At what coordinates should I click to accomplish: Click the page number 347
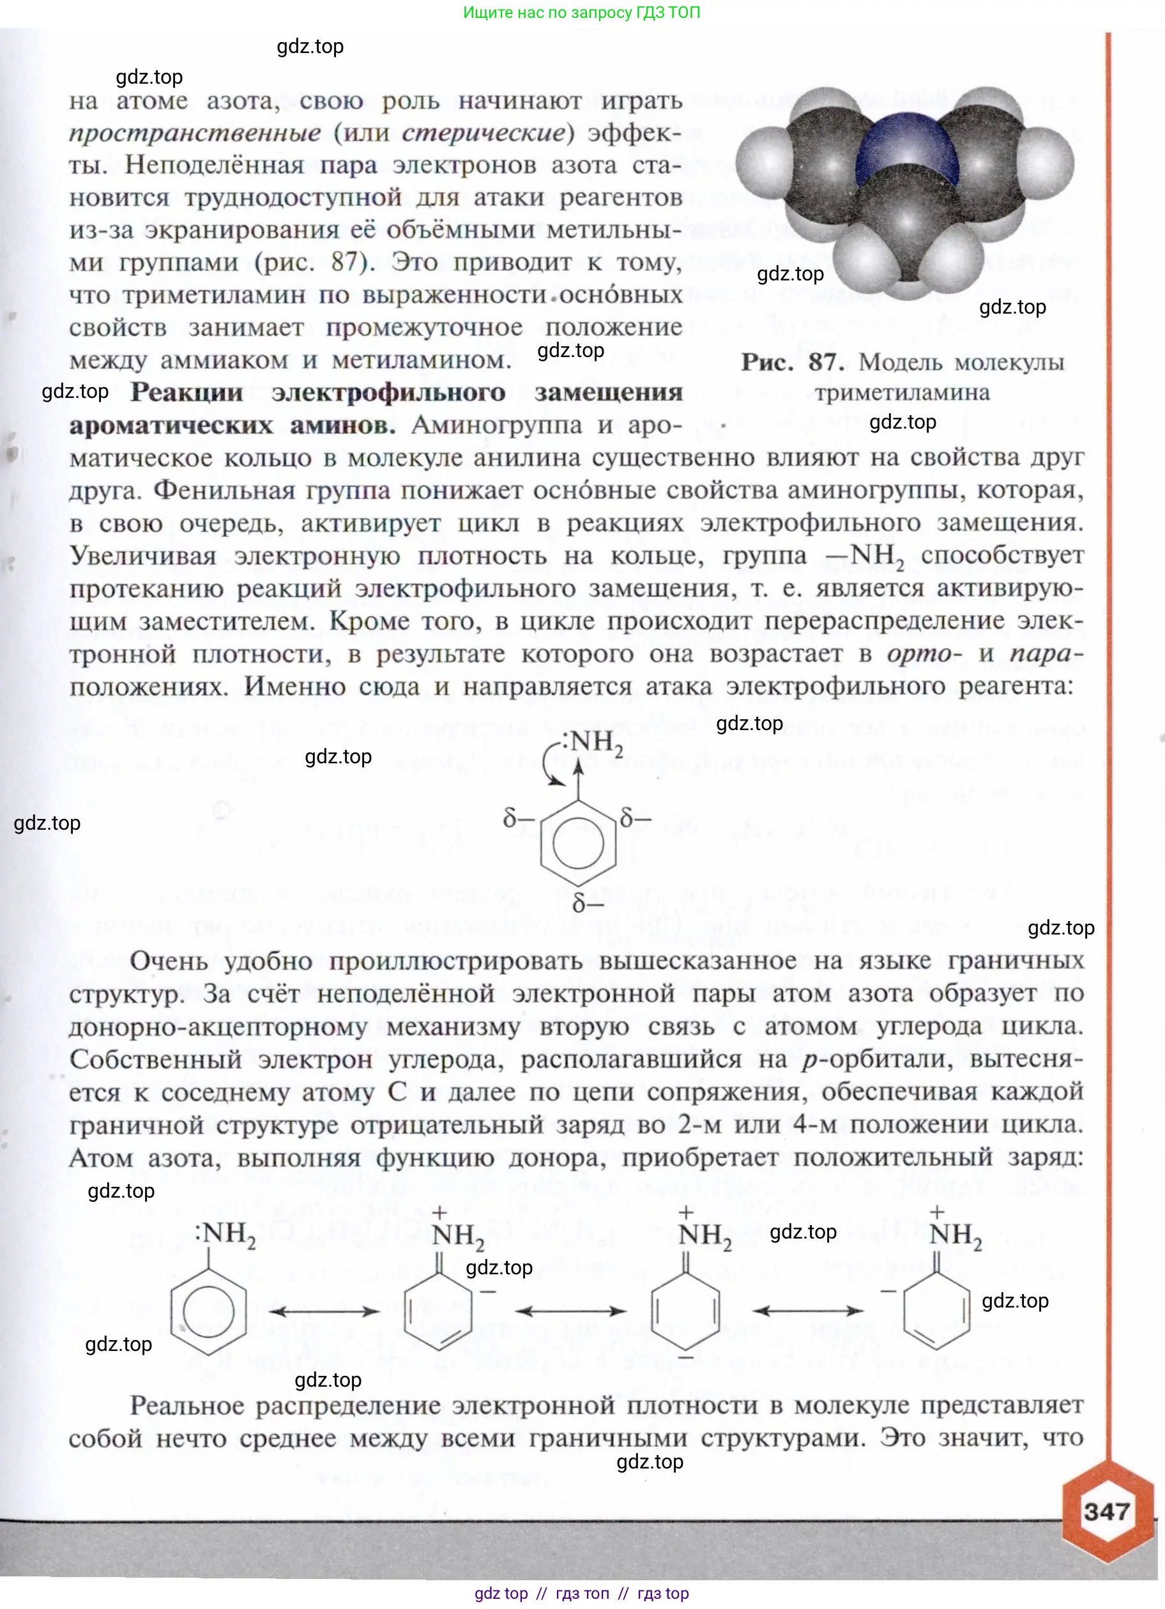(1106, 1511)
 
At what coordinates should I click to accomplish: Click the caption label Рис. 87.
(792, 363)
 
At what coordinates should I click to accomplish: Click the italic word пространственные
(195, 133)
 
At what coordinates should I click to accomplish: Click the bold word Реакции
(187, 392)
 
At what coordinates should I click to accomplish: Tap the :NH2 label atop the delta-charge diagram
(593, 742)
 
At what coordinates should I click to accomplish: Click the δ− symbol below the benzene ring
(588, 903)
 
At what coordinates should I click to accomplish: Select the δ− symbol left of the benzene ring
(518, 819)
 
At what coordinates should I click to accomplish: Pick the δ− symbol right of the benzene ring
(635, 818)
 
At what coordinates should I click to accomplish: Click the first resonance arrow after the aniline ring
(325, 1311)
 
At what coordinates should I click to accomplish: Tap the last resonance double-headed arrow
(807, 1311)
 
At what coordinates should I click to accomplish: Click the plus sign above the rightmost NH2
(936, 1212)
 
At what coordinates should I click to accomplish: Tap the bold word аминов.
(343, 425)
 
